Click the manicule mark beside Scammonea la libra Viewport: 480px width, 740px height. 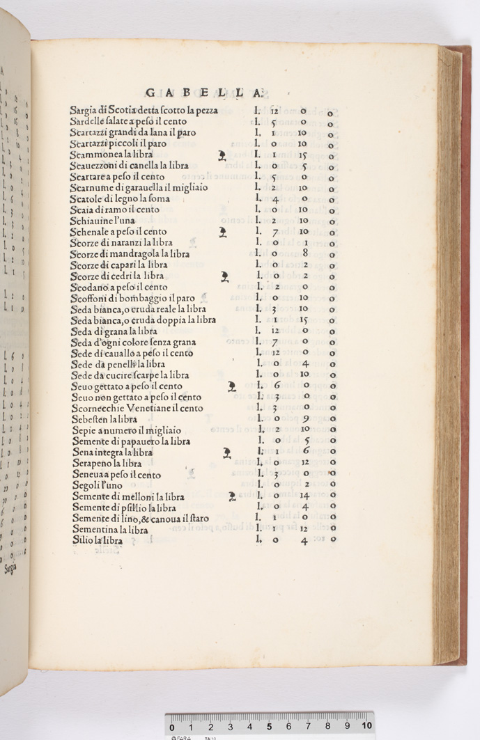(222, 155)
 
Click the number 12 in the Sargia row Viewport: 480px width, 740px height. (274, 111)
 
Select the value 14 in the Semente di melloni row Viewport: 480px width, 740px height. (304, 496)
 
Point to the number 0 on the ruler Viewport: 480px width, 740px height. (172, 727)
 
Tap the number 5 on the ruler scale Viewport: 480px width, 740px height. (269, 726)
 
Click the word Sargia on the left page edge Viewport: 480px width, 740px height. (10, 567)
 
